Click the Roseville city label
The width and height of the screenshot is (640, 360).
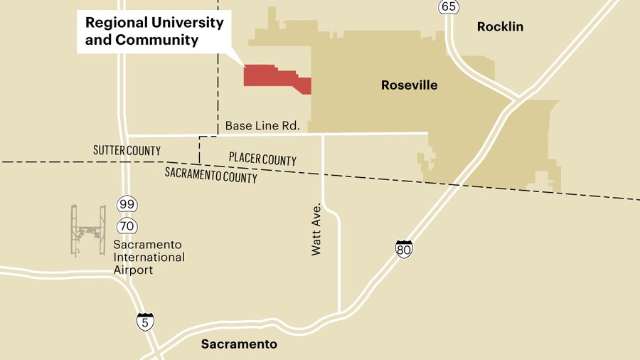click(x=409, y=85)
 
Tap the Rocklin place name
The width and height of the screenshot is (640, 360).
click(x=500, y=26)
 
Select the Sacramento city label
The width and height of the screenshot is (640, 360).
click(x=238, y=344)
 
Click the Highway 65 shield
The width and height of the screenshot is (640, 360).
click(x=448, y=7)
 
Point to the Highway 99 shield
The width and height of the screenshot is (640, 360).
click(x=127, y=205)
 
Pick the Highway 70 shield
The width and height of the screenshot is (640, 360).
click(x=127, y=226)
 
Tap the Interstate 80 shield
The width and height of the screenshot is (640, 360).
click(x=404, y=249)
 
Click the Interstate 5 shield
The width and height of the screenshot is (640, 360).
click(x=145, y=321)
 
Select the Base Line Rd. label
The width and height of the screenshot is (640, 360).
click(x=262, y=126)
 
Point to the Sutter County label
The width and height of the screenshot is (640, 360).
click(x=127, y=151)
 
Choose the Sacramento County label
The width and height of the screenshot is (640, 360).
click(x=211, y=175)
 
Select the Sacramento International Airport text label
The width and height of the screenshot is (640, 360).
click(x=149, y=257)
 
